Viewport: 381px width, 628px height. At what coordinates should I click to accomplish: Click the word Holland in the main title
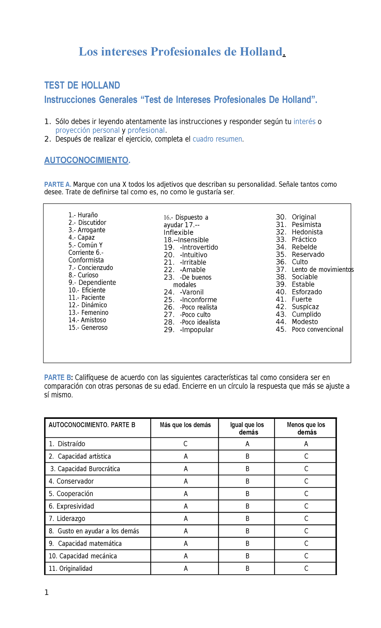pos(261,51)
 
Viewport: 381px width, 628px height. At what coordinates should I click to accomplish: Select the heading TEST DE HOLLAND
pos(82,85)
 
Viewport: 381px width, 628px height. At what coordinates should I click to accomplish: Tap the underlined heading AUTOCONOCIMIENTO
pos(87,160)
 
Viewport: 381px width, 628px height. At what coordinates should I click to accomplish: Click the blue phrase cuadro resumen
pos(217,139)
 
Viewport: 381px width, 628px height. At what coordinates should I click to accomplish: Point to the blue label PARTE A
pos(57,184)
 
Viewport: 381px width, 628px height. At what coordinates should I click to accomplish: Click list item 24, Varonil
pos(192,292)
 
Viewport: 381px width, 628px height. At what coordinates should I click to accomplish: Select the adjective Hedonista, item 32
pos(307,232)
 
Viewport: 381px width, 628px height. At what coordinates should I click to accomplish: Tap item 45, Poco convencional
pos(317,329)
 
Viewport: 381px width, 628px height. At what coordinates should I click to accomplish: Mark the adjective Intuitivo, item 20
pos(194,255)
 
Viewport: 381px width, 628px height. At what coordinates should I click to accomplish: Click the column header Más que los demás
pos(185,425)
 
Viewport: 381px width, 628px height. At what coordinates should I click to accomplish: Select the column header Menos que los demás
pos(306,428)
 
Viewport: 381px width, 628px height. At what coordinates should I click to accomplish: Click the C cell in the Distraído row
pos(185,444)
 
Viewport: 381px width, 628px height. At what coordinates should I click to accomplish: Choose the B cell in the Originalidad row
pos(247,569)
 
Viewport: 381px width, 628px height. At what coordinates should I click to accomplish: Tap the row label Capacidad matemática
pos(90,543)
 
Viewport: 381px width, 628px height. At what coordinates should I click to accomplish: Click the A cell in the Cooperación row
pos(185,494)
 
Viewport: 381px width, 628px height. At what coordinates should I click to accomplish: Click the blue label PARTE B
pos(58,378)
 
